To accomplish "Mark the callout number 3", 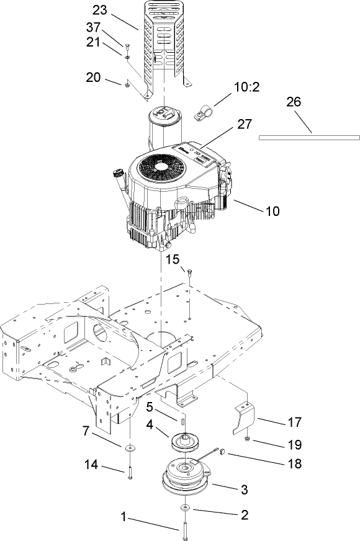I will coord(244,490).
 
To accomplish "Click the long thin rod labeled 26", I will coord(309,137).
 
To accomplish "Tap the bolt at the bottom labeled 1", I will coord(185,530).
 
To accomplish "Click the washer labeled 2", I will coord(185,509).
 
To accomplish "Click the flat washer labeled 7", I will coord(129,447).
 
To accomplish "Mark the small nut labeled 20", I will coord(126,85).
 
